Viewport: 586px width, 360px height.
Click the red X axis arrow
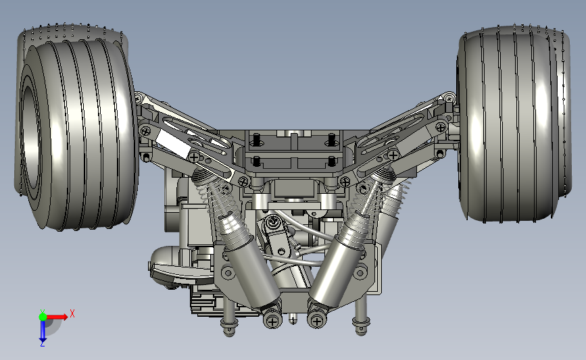(56, 317)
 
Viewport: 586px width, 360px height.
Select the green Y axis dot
(43, 317)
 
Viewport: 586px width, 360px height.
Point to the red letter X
(72, 313)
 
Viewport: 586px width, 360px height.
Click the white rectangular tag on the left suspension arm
(172, 145)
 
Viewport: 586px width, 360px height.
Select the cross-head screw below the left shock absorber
(272, 321)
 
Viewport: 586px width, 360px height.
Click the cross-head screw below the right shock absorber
(316, 320)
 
